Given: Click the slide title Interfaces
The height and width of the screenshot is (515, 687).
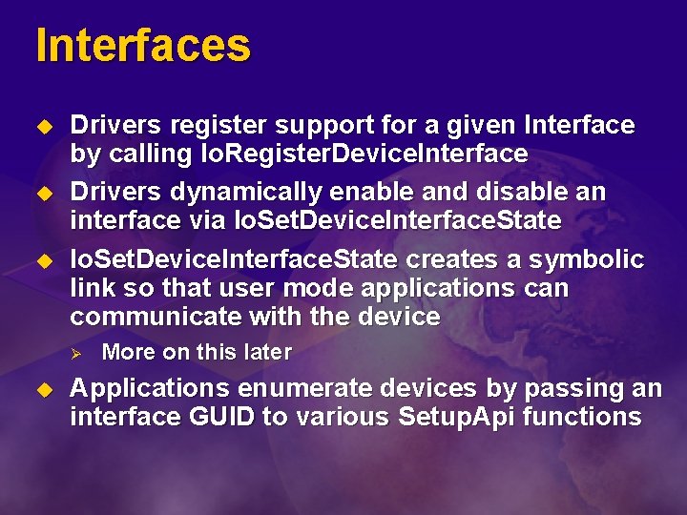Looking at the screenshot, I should tap(143, 45).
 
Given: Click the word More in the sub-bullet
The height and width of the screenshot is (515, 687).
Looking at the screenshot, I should tap(128, 352).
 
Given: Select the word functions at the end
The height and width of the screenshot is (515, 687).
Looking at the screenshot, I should tap(593, 417).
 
